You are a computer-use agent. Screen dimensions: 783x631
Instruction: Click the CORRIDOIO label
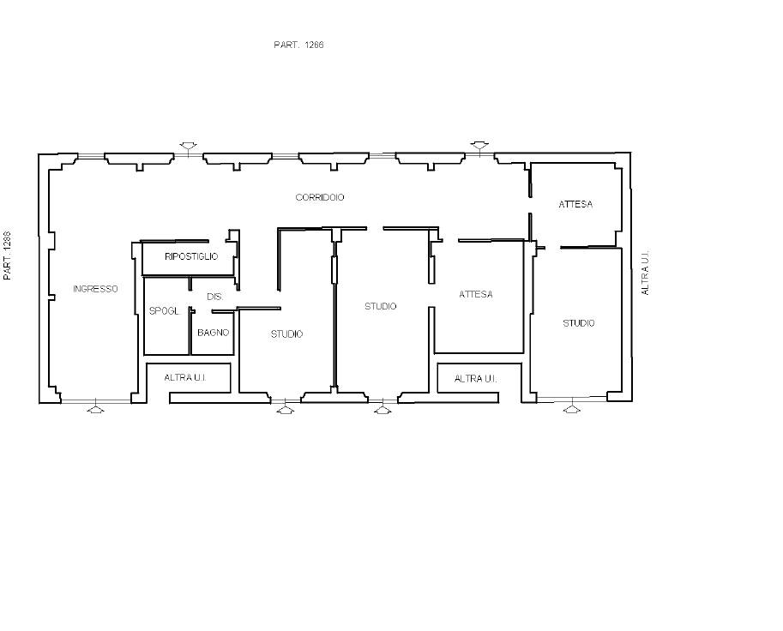(x=320, y=197)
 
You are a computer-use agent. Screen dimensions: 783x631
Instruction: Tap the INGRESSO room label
(x=95, y=289)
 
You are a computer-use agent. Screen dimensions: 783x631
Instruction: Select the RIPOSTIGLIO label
(x=191, y=256)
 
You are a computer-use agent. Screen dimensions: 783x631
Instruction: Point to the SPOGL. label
(x=165, y=311)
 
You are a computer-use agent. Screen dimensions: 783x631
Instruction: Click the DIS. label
(x=214, y=297)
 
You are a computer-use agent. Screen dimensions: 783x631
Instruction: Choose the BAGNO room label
(x=214, y=333)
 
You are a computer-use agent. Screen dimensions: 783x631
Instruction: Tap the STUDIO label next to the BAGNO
(x=286, y=334)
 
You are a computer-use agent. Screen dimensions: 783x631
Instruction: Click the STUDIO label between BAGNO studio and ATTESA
(x=381, y=306)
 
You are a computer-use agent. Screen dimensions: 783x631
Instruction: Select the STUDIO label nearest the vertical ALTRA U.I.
(x=579, y=323)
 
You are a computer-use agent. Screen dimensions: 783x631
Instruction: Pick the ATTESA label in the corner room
(x=575, y=204)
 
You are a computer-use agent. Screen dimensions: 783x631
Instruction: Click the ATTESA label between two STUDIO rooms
(x=476, y=295)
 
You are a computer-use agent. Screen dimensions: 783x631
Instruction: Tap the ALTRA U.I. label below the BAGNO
(x=185, y=378)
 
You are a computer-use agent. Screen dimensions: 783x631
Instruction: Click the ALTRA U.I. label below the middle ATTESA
(x=475, y=379)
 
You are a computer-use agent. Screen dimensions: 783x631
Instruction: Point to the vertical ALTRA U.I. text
(x=645, y=273)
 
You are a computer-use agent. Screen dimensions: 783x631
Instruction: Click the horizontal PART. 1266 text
(x=298, y=45)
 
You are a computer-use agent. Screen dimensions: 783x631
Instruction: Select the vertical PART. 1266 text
(x=7, y=255)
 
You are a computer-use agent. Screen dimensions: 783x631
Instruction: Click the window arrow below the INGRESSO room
(x=96, y=408)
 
